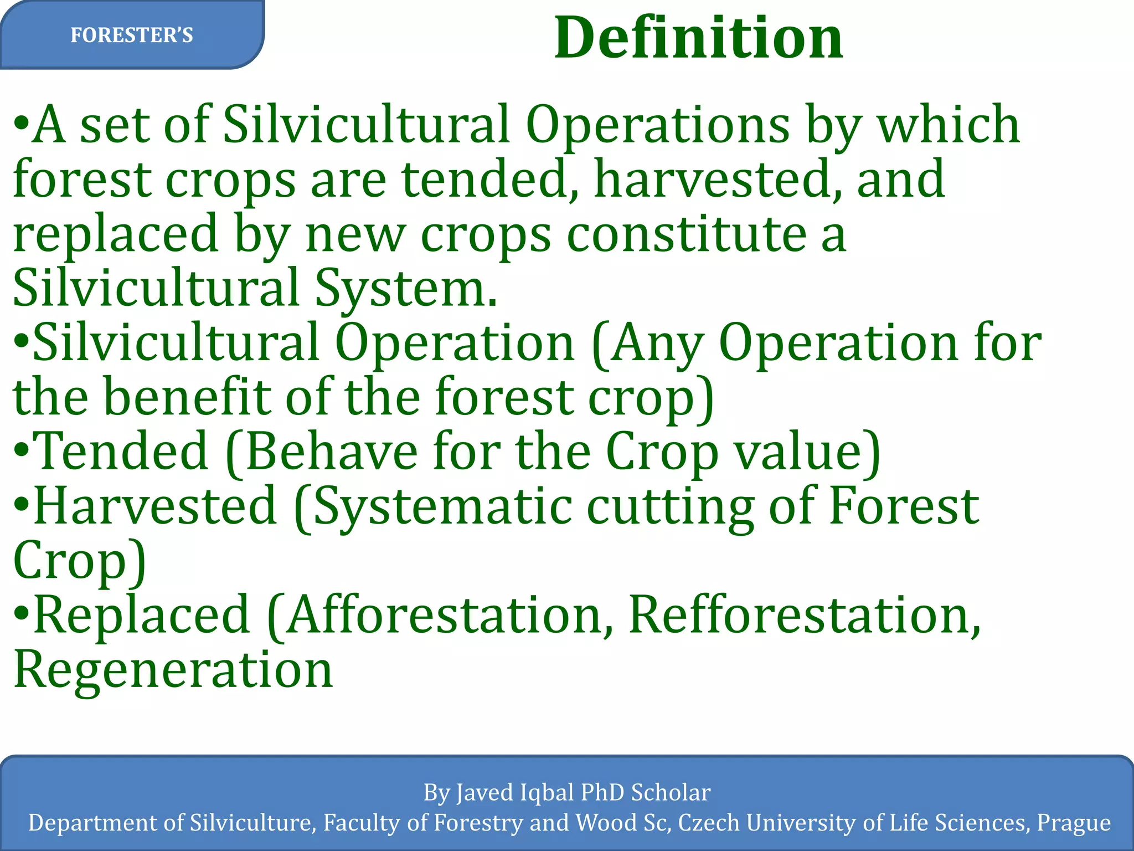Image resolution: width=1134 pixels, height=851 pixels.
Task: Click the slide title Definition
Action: [698, 38]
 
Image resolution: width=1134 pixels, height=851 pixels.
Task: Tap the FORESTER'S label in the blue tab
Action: [132, 35]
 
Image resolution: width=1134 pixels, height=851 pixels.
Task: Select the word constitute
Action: [687, 234]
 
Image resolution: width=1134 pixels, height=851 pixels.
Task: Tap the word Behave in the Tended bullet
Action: [331, 452]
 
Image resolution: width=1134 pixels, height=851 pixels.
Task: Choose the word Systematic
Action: [443, 506]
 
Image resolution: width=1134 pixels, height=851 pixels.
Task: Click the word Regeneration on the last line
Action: [173, 669]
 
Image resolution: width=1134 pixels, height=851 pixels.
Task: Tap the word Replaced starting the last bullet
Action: [142, 615]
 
